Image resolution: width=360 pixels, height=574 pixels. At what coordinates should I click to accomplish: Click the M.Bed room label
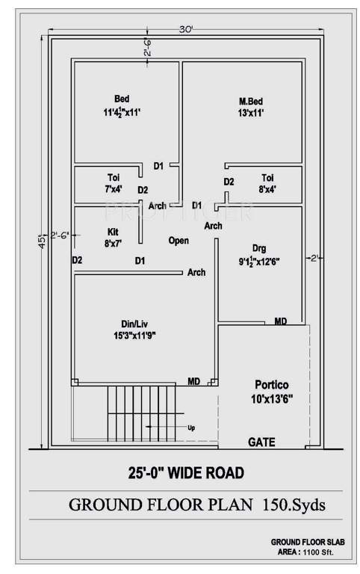point(251,101)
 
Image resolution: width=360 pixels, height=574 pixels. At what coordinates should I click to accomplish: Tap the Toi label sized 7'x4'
point(114,177)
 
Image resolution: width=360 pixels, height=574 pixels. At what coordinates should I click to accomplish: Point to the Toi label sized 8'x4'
point(267,177)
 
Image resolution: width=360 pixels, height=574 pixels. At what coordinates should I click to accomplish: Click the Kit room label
point(114,231)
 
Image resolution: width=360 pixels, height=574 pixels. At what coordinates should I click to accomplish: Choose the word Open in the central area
point(179,241)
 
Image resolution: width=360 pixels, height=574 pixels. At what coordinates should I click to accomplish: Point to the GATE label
point(261,442)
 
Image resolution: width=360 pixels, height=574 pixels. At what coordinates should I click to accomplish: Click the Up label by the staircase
point(191,428)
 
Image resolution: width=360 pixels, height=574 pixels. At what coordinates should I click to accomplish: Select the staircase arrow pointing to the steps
point(161,428)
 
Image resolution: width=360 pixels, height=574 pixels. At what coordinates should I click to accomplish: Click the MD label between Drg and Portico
point(280,321)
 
